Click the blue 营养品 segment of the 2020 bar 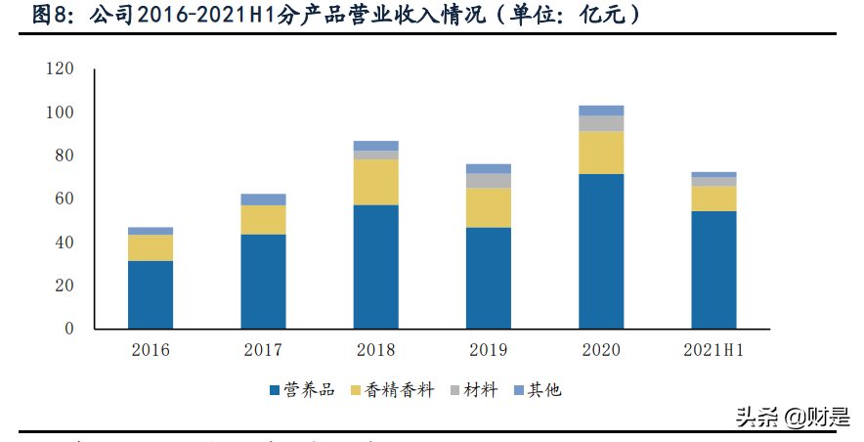point(601,251)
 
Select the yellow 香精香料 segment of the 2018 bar point(376,182)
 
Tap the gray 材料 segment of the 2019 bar point(489,181)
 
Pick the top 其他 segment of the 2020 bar point(601,110)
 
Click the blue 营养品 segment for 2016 point(151,294)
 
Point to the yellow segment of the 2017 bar point(264,220)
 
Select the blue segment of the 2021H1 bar point(713,270)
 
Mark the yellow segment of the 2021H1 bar point(713,199)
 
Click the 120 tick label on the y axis point(61,69)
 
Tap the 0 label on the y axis point(69,330)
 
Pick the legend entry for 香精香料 point(399,390)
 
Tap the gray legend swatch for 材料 point(454,390)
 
